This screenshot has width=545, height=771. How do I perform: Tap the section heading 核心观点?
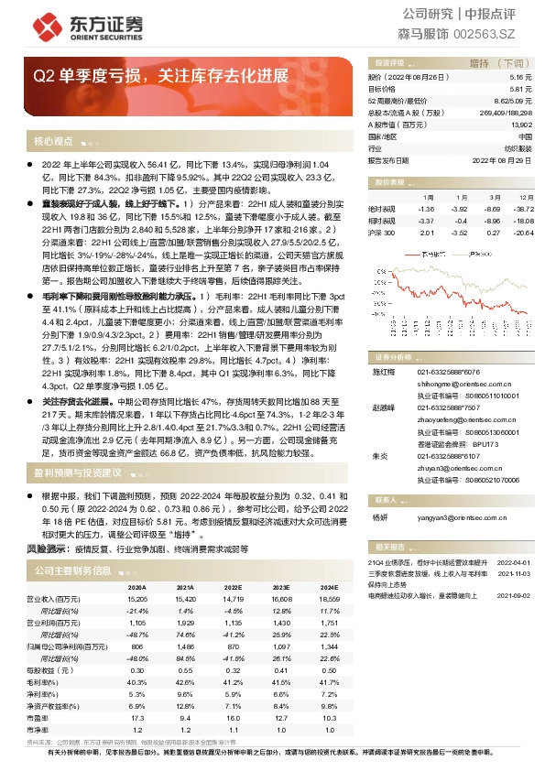(53, 142)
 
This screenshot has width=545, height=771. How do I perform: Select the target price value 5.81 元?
(519, 89)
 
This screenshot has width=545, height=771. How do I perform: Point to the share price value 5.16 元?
(519, 78)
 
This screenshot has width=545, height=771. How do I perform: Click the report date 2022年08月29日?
(501, 159)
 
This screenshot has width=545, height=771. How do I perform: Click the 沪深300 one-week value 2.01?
(423, 233)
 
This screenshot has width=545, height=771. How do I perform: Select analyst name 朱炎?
(379, 455)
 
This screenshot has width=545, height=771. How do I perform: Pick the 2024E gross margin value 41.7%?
(328, 681)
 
